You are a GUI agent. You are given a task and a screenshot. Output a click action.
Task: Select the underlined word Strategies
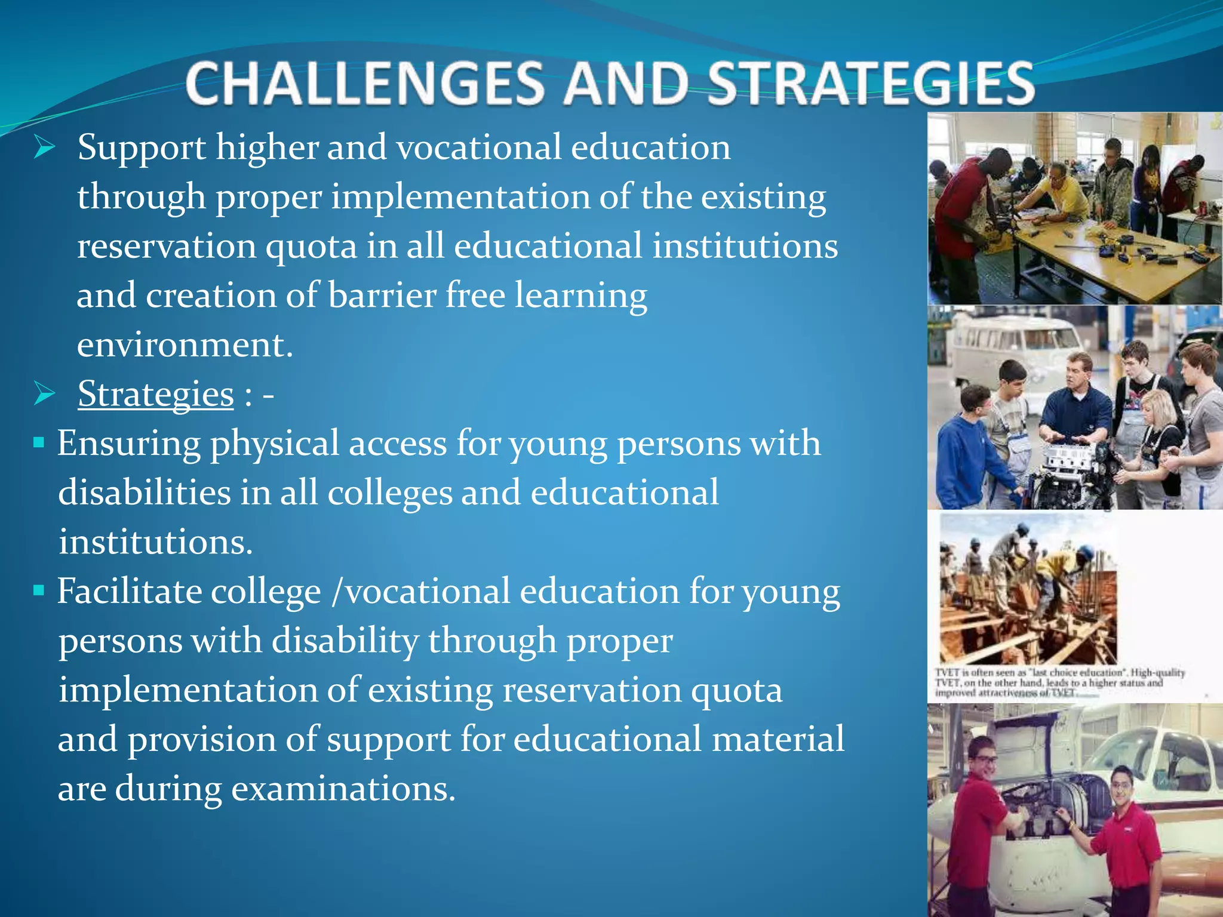coord(155,394)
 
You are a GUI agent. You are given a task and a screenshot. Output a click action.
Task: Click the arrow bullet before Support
coord(44,147)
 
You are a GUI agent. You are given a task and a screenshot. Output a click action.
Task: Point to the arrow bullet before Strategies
coord(44,394)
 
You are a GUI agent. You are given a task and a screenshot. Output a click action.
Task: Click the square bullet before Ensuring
coord(39,443)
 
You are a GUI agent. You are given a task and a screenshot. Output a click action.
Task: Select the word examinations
coord(343,789)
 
